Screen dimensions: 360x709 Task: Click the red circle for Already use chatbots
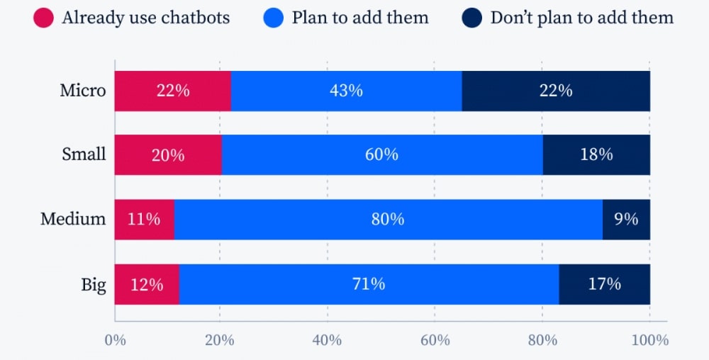(43, 18)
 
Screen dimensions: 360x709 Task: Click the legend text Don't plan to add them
(581, 18)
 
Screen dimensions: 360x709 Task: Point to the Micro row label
(82, 91)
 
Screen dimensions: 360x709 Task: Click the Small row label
(84, 154)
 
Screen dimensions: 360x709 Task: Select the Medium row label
(73, 219)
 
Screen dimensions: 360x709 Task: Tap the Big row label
(93, 285)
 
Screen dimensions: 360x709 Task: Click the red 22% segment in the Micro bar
(172, 91)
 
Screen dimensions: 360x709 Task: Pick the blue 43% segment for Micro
(346, 91)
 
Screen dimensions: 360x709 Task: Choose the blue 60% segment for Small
(382, 154)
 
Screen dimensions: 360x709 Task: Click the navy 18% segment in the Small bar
(596, 154)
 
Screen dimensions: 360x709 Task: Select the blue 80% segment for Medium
(388, 219)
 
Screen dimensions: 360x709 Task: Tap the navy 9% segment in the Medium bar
(626, 219)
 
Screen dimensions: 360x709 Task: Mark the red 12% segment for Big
(147, 284)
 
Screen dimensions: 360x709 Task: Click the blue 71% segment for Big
(369, 284)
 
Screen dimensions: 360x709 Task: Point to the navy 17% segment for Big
(604, 284)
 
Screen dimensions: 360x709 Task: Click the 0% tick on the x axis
(115, 340)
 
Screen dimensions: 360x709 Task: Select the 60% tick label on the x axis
(435, 340)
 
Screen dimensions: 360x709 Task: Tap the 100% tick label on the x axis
(649, 340)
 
